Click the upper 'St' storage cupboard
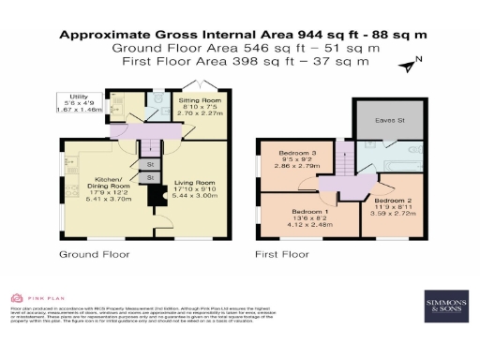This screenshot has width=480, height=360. pos(152,164)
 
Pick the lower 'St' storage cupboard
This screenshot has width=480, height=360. pos(152,177)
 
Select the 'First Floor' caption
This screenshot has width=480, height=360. pos(282,254)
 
